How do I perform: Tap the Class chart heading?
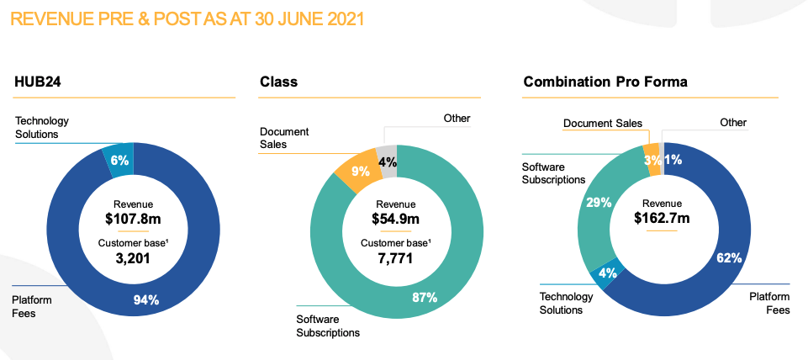click(278, 82)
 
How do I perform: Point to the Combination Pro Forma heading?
click(605, 82)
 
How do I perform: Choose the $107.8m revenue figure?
click(133, 217)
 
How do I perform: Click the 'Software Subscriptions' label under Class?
click(328, 326)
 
